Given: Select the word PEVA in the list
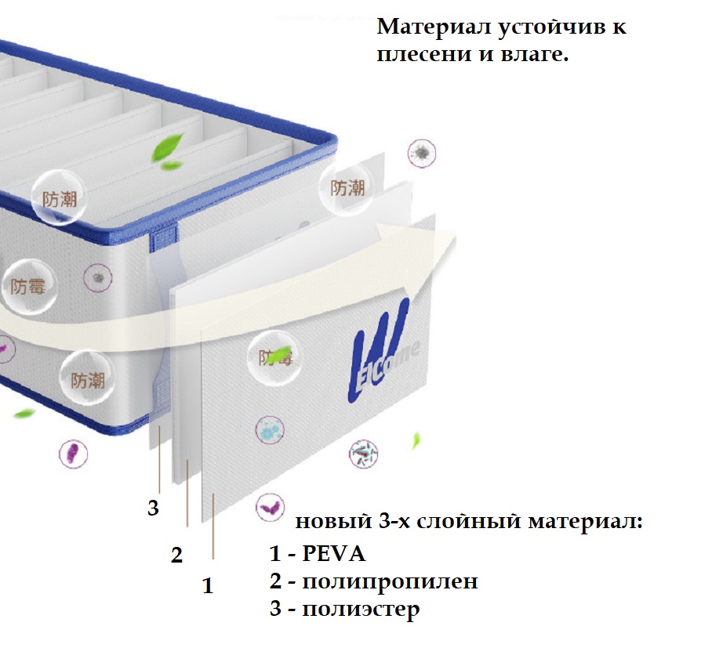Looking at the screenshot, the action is point(333,553).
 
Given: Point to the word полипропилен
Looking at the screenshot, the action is point(390,581).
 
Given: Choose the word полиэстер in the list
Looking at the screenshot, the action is point(361,609).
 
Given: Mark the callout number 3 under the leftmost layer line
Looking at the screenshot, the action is point(153,508).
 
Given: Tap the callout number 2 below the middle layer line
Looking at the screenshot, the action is point(176,555).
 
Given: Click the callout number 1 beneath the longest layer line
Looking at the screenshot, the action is point(208,586).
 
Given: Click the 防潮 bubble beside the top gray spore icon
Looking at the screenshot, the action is point(347,188).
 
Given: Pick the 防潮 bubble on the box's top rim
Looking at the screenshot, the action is point(59,198).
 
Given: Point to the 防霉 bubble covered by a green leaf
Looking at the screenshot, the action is point(275,357).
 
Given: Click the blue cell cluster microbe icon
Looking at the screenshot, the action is point(270,430).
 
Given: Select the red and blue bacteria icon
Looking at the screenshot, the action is point(363,454).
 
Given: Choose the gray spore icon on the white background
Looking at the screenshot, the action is point(421,154).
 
